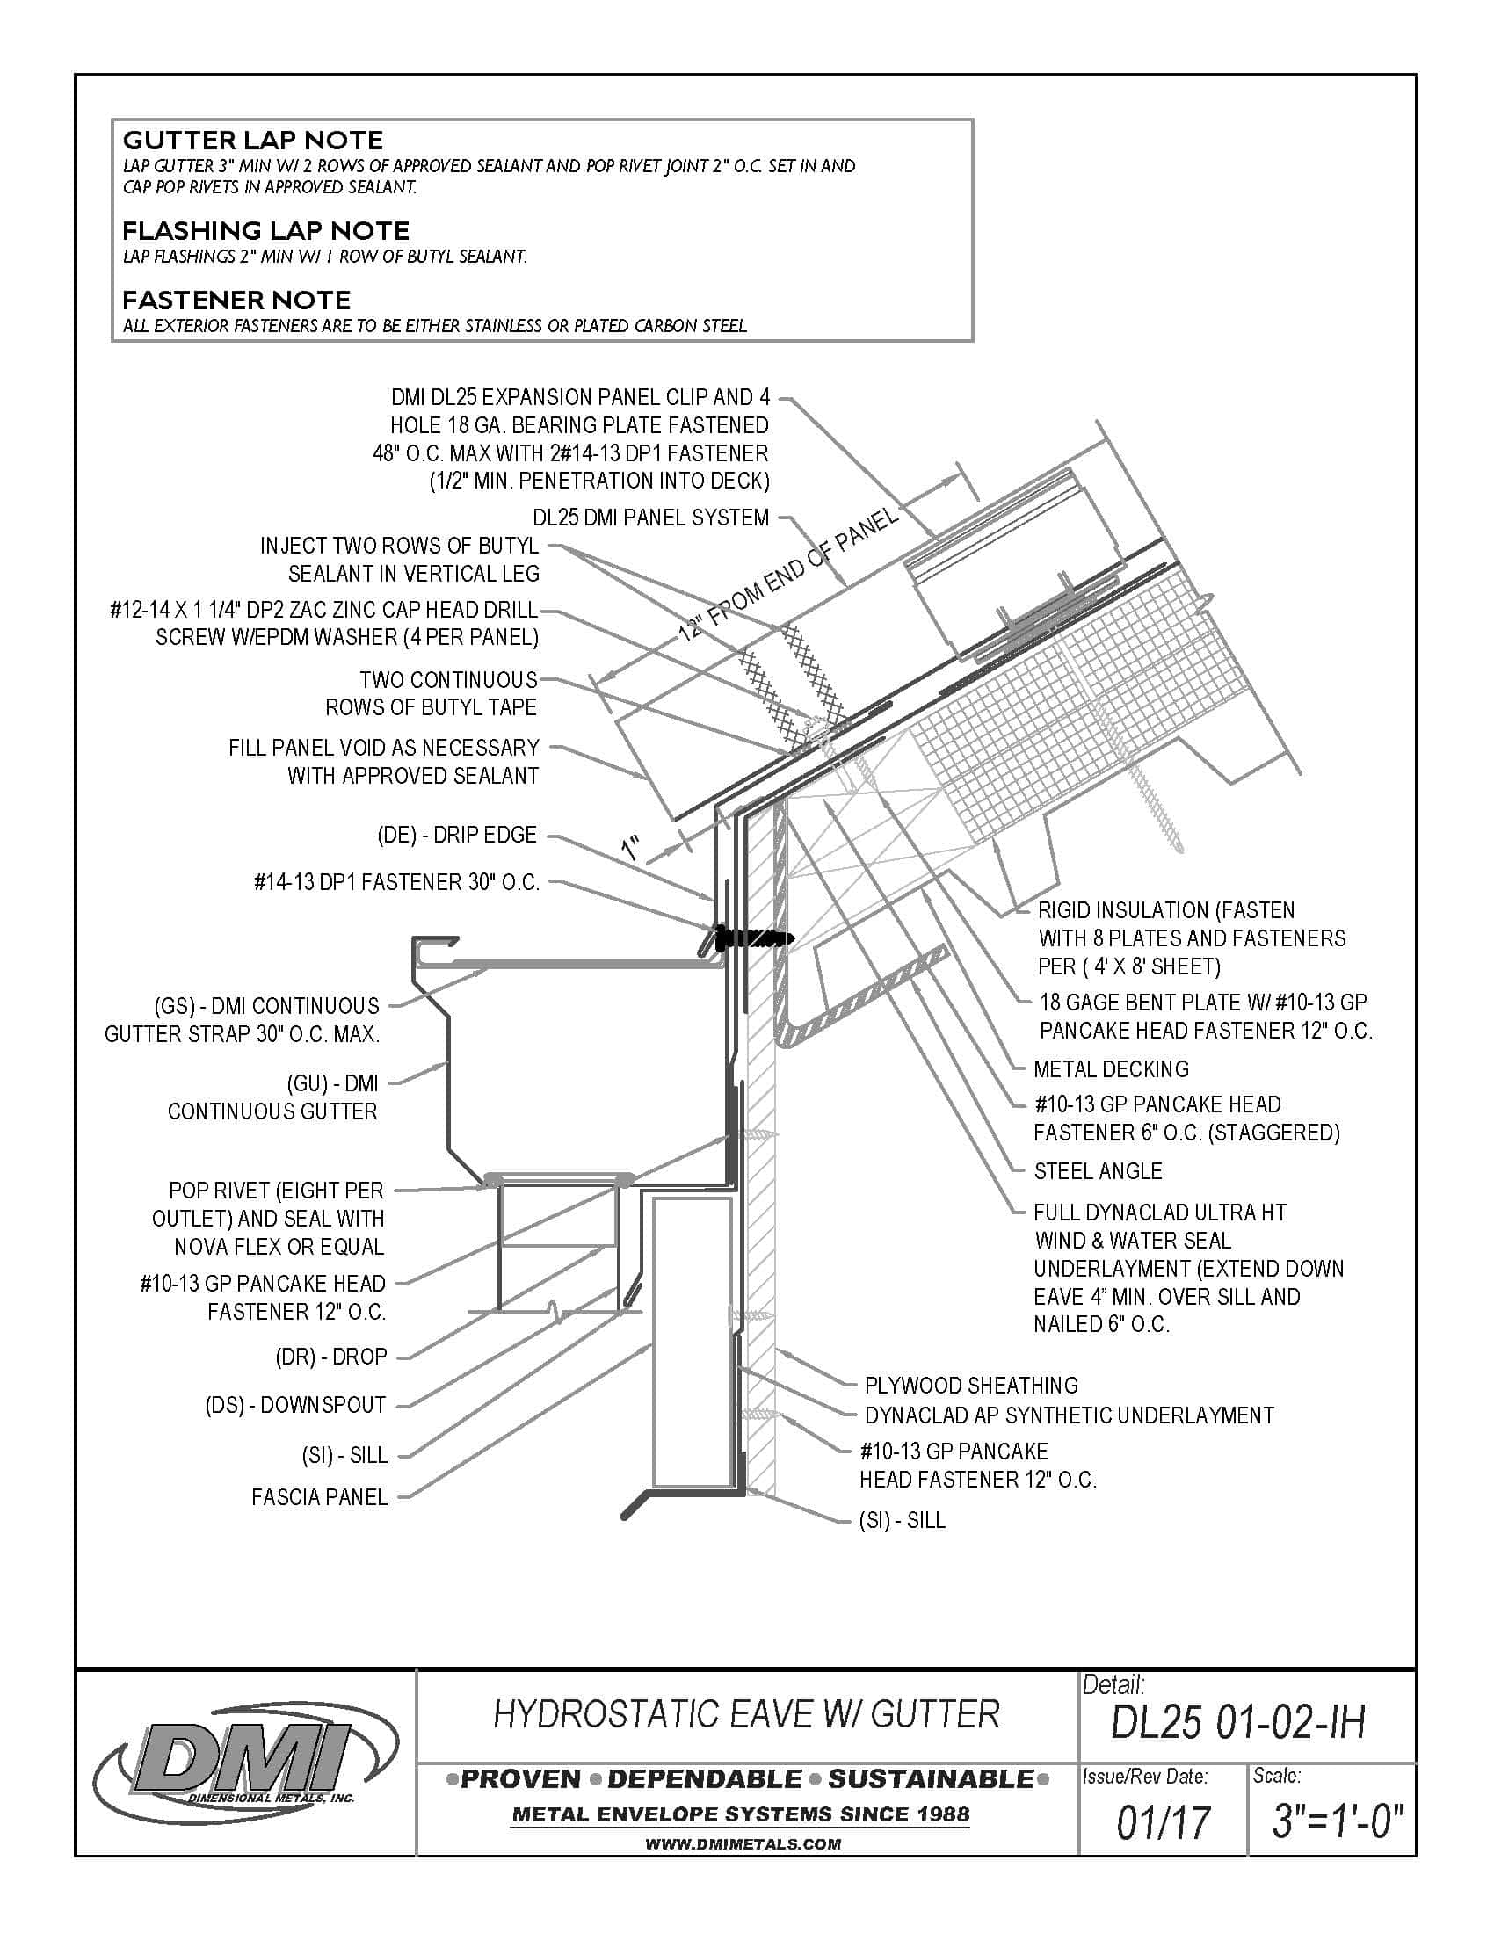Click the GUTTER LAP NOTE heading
pos(252,140)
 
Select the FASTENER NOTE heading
pos(236,299)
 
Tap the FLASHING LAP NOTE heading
pos(265,231)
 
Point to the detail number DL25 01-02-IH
pos(1237,1722)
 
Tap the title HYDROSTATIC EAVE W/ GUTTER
pos(746,1714)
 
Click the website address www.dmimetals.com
pos(743,1844)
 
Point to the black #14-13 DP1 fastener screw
pos(752,937)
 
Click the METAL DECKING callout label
pos(1111,1068)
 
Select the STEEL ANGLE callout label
pos(1098,1171)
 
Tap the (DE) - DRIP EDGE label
pos(457,835)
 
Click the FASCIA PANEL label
pos(320,1496)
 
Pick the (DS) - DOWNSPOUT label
pos(295,1405)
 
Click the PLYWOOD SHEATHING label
pos(971,1385)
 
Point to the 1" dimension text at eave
pos(632,850)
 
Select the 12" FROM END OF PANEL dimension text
pos(787,576)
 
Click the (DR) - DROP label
pos(331,1357)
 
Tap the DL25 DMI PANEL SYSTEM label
pos(650,518)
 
